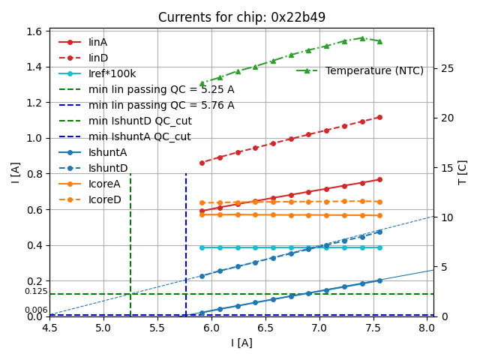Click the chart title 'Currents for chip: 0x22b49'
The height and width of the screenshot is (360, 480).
tap(241, 17)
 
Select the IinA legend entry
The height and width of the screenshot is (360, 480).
tap(97, 42)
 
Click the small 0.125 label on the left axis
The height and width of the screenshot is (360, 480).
tap(35, 291)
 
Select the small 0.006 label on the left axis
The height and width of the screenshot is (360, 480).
tap(35, 310)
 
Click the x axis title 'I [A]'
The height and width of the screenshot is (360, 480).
tap(241, 343)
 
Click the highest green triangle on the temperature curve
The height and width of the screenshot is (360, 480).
tap(361, 37)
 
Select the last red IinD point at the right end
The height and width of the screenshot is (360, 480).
tap(379, 117)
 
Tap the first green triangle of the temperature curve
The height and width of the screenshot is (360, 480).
tap(202, 84)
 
